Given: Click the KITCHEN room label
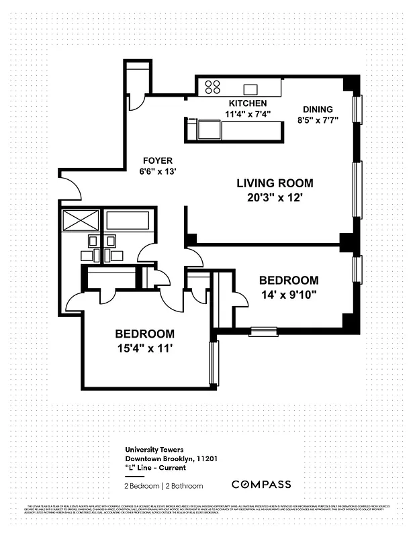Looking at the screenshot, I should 248,103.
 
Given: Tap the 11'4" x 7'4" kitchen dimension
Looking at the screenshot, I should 248,114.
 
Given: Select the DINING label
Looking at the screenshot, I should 317,109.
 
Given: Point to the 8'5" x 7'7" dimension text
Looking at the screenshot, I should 317,121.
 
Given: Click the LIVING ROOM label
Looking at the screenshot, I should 275,183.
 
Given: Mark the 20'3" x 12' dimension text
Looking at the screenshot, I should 275,197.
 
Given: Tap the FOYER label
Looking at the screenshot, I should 157,161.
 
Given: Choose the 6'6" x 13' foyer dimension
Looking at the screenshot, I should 157,172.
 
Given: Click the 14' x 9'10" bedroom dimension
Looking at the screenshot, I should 288,294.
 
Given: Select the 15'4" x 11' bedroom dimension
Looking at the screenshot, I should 144,348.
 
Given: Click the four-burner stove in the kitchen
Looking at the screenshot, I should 213,87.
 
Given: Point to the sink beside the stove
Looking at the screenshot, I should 251,89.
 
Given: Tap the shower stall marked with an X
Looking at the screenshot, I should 80,220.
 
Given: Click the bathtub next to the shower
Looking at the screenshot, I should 128,221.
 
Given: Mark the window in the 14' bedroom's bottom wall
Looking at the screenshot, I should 264,330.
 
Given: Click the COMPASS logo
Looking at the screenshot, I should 261,485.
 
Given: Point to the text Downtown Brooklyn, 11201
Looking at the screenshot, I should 171,459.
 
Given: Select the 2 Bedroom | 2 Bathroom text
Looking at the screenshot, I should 163,485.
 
